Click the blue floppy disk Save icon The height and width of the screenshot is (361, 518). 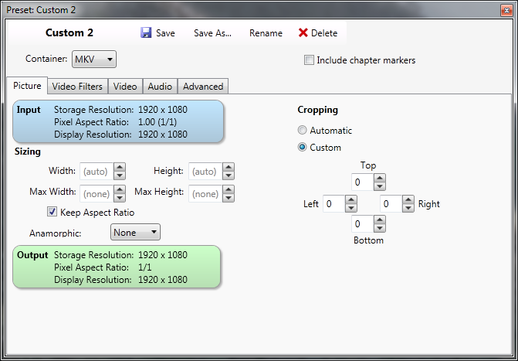point(146,32)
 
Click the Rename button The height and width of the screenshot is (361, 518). point(266,33)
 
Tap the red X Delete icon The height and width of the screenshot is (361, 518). point(303,32)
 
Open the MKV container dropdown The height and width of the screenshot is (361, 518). point(94,60)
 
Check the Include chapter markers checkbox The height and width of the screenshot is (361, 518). point(309,60)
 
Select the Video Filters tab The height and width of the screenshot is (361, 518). point(77,87)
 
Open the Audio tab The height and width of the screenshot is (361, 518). point(160,87)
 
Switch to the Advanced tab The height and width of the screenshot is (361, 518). point(203,87)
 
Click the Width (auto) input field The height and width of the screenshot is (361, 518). point(96,172)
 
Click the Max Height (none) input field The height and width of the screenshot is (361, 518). point(205,193)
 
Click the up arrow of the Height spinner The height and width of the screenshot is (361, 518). point(229,167)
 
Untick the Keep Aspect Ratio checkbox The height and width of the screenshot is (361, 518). point(52,212)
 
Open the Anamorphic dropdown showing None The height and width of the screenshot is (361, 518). point(135,232)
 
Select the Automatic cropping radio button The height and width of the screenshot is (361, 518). point(303,130)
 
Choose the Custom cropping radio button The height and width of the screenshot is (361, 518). point(303,147)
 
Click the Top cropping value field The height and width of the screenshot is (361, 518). point(362,182)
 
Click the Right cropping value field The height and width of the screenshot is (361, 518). point(391,203)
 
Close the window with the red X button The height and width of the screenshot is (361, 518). point(506,10)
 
